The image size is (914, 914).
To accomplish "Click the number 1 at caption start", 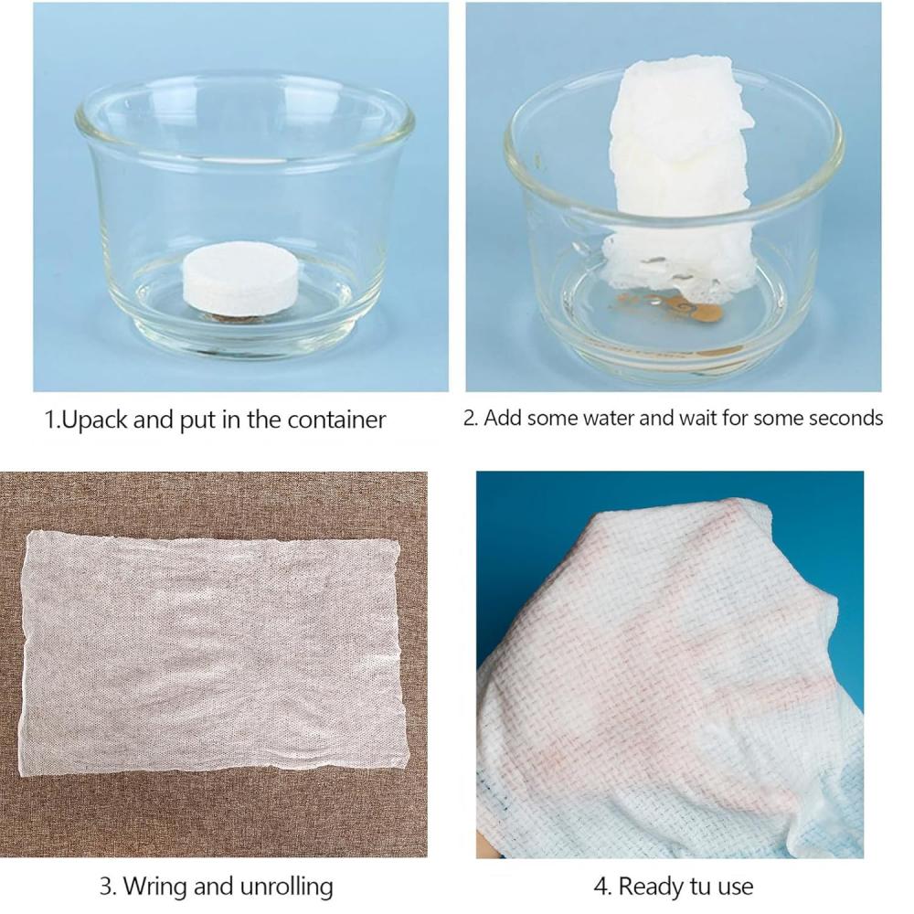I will point(50,420).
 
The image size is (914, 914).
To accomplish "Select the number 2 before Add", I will point(469,419).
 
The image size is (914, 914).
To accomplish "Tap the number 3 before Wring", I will point(105,886).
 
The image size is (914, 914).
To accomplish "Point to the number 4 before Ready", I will point(600,886).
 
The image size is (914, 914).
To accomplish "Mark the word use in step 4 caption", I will point(737,887).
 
